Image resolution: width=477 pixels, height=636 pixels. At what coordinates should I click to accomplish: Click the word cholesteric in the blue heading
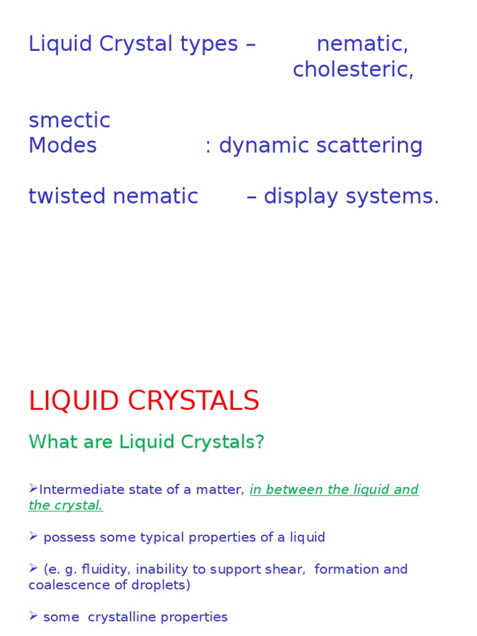point(352,70)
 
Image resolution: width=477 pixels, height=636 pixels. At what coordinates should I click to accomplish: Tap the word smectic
point(70,120)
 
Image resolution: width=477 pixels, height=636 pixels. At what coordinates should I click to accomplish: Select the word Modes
point(63,146)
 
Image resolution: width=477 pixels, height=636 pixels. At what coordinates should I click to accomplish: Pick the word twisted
point(68,196)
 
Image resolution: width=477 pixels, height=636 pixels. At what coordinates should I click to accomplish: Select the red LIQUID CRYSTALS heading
point(144,401)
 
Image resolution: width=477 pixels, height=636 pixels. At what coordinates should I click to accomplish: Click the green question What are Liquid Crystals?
point(147,442)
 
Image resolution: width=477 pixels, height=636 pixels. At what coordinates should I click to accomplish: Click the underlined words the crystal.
point(66,505)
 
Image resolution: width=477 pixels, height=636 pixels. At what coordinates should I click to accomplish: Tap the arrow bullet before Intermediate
point(34,489)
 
